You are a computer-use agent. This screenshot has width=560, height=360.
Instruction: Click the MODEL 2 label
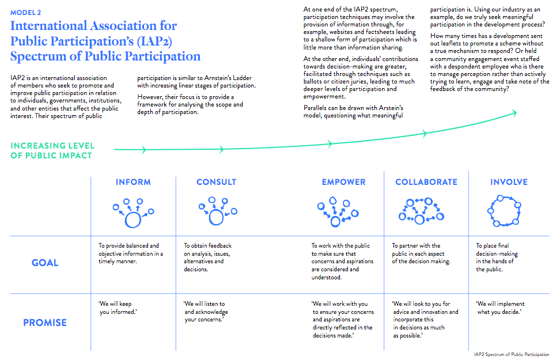25,13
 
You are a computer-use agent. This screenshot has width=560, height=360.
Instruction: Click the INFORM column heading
133,182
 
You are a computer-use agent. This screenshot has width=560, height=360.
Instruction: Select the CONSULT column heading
217,182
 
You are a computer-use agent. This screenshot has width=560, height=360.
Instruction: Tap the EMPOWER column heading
343,182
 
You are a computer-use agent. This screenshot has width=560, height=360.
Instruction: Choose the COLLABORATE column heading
426,182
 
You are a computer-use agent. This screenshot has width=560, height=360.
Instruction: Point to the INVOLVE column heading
509,182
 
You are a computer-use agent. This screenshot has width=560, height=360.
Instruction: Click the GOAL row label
45,263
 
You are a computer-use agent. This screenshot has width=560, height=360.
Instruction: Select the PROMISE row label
45,323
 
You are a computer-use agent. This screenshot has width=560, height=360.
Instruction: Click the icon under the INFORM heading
133,213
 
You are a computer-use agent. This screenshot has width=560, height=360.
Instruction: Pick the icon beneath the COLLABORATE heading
421,211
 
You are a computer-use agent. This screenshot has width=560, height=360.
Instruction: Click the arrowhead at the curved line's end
514,113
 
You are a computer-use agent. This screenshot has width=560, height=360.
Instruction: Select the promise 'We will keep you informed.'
118,308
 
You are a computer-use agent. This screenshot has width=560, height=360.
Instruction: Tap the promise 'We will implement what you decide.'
500,308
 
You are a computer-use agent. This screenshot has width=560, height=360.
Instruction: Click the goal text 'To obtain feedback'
207,246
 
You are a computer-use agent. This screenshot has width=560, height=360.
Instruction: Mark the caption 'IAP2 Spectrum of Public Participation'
512,354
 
